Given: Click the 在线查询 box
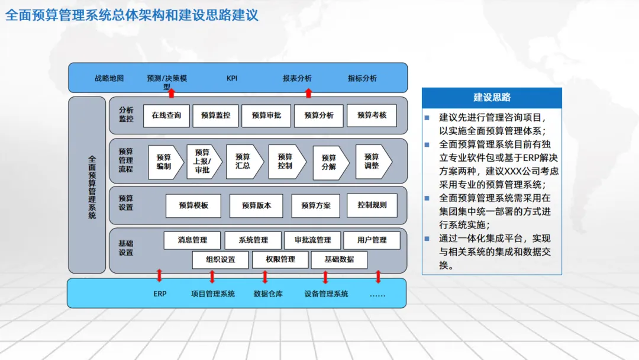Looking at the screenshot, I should coord(166,115).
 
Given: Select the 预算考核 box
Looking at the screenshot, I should coord(372,115).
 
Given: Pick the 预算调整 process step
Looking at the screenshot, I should coord(372,162).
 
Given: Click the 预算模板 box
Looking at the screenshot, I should coord(193,205).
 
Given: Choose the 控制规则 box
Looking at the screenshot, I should coord(372,205).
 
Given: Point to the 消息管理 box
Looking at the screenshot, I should coord(192,240).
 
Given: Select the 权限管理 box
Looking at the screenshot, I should coord(280,259).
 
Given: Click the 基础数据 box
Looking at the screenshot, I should coord(339,259).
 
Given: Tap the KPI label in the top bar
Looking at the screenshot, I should coord(232,78).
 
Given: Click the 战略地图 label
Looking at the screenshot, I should coord(109,78).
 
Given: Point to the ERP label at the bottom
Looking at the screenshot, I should coord(160,294).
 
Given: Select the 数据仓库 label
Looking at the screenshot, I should coord(268,294).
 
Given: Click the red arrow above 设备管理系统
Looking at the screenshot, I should coord(325,277).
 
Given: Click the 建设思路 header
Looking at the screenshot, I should coord(492,98).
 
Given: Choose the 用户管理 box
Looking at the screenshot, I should coord(372,240).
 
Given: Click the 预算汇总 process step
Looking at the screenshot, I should coord(243,162).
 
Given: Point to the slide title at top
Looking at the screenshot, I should coord(131,15).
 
